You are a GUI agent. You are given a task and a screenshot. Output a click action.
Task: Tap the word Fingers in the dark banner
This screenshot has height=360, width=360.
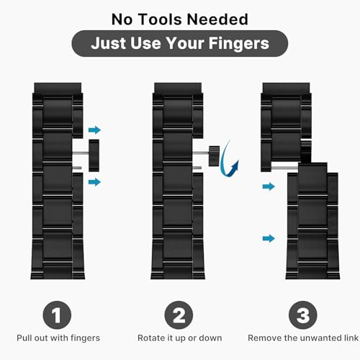pyautogui.click(x=238, y=44)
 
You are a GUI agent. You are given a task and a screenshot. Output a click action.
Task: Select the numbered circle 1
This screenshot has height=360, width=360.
pyautogui.click(x=57, y=315)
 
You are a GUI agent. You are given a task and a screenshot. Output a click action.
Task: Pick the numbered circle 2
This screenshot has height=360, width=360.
pyautogui.click(x=179, y=315)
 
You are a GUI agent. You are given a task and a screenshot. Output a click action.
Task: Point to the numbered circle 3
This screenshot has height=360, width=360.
pyautogui.click(x=303, y=315)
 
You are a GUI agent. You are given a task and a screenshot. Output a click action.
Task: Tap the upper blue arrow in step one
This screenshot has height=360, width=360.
pyautogui.click(x=94, y=130)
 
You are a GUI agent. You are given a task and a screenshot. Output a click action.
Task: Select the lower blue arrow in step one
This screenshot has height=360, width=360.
pyautogui.click(x=94, y=181)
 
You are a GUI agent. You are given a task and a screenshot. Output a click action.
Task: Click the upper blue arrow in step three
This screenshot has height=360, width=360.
pyautogui.click(x=269, y=186)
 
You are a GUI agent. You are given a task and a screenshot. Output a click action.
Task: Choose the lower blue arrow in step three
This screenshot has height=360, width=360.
pyautogui.click(x=269, y=238)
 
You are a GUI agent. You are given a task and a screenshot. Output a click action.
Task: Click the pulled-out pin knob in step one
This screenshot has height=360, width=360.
pyautogui.click(x=94, y=156)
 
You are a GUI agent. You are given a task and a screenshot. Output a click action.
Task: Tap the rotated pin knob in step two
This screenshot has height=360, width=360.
pyautogui.click(x=214, y=156)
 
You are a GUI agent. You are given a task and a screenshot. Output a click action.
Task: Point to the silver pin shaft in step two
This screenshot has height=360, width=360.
pyautogui.click(x=201, y=152)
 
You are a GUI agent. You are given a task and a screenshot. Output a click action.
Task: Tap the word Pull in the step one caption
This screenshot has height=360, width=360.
pyautogui.click(x=24, y=338)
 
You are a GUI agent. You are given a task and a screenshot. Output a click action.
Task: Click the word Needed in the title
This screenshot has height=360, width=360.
pyautogui.click(x=217, y=19)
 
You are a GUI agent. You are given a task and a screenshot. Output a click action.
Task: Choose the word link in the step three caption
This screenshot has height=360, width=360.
pyautogui.click(x=351, y=338)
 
